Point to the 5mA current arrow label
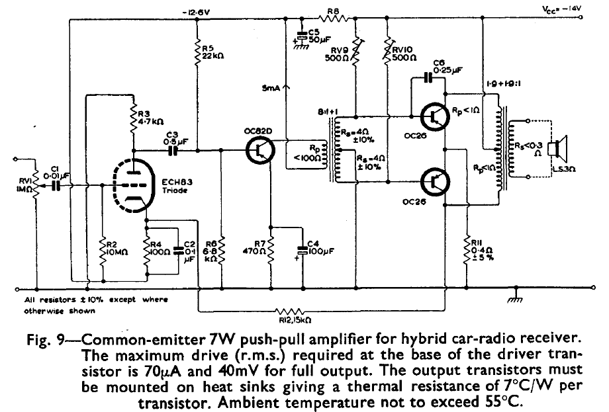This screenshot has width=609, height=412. (x=273, y=87)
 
